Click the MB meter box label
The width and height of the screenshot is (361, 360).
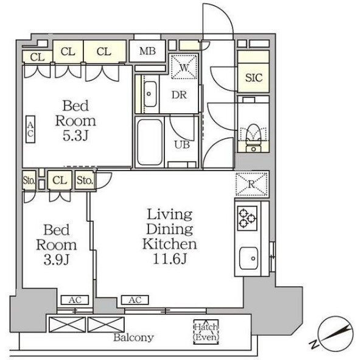(147, 51)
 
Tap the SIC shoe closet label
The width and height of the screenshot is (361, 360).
(254, 77)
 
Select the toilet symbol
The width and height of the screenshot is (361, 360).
(253, 138)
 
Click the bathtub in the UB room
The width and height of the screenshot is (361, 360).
(149, 142)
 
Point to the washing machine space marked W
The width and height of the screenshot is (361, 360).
(184, 66)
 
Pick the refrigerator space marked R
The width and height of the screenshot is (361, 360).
(251, 184)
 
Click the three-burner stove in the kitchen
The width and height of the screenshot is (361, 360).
(247, 218)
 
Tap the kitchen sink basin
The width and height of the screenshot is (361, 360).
(248, 258)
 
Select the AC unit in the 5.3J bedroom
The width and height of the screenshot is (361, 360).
(30, 129)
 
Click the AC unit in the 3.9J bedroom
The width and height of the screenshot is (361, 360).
(75, 300)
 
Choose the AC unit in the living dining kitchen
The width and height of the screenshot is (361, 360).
(135, 300)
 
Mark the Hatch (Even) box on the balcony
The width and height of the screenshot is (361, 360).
(206, 332)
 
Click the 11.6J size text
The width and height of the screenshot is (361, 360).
(170, 259)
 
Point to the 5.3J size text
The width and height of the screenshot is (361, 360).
(75, 136)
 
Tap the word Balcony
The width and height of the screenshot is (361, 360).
(133, 337)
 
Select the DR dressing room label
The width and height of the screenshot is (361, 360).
(179, 95)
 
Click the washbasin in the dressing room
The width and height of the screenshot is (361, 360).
(150, 94)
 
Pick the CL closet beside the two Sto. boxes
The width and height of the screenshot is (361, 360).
(60, 180)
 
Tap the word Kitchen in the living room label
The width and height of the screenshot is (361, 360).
(170, 244)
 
